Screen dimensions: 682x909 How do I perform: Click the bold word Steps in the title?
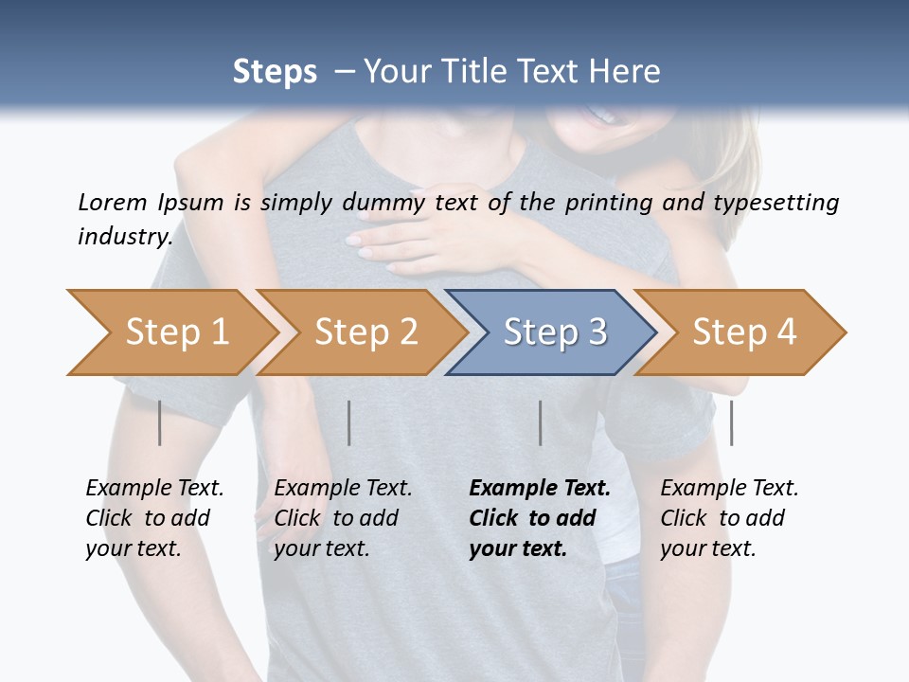click(275, 72)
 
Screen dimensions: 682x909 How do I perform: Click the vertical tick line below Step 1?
click(160, 422)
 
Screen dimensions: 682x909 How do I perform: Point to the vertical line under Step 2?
click(349, 422)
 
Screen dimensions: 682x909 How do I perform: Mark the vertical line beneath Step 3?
click(541, 422)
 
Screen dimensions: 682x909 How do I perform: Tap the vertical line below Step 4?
click(732, 422)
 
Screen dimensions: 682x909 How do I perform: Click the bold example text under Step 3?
click(539, 518)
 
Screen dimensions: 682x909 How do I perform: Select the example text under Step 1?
click(153, 518)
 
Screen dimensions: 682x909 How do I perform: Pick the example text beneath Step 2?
click(342, 518)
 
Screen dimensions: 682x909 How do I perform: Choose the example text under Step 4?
click(728, 518)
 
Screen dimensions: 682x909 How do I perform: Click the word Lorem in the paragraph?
click(112, 202)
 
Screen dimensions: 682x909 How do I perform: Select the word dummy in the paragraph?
click(387, 203)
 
